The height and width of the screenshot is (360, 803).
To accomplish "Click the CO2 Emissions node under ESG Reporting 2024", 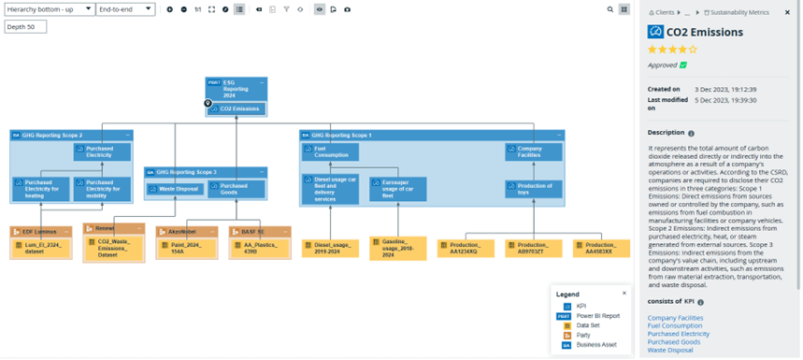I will pos(237,109).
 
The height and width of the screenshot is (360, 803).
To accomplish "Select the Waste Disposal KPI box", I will pos(175,189).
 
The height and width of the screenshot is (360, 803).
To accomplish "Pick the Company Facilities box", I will pos(534,151).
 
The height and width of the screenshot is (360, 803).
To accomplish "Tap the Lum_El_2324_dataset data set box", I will pos(40,247).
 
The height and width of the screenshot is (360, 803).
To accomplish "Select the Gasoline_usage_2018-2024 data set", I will pos(397,248).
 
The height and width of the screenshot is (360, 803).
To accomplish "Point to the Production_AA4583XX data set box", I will pos(594,248).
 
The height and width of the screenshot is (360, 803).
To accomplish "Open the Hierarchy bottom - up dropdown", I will pos(49,9).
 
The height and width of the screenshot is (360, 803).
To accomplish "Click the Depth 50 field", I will pos(25,27).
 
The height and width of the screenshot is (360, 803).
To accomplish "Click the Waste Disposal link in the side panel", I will pos(670,350).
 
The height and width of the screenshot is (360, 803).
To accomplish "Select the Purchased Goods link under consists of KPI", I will pos(672,341).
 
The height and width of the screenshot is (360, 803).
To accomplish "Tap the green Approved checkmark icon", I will pos(683,65).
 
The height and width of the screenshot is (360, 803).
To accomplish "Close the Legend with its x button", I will pos(624,294).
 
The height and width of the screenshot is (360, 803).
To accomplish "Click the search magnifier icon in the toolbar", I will pos(610,9).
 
